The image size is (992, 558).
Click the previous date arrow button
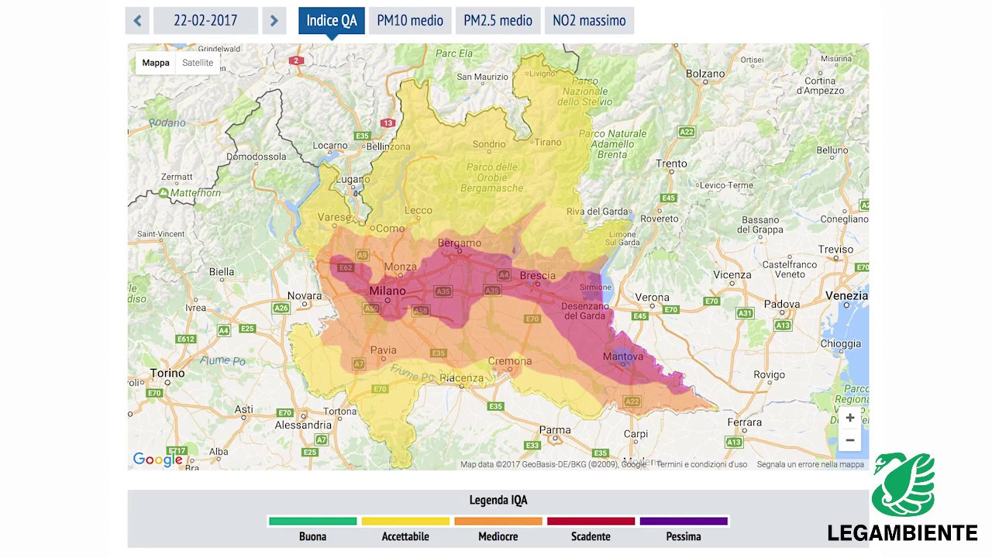pyautogui.click(x=137, y=21)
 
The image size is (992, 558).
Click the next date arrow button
pyautogui.click(x=274, y=21)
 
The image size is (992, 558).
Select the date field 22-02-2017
pyautogui.click(x=205, y=21)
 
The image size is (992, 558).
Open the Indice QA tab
pyautogui.click(x=332, y=21)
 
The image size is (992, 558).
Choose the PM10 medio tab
pyautogui.click(x=410, y=21)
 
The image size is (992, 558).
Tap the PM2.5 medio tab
pyautogui.click(x=498, y=21)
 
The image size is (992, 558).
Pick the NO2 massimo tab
pyautogui.click(x=589, y=21)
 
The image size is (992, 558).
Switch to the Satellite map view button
pyautogui.click(x=198, y=63)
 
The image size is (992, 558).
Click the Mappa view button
pyautogui.click(x=156, y=63)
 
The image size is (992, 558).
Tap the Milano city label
pyautogui.click(x=387, y=291)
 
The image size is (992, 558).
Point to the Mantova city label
pyautogui.click(x=623, y=356)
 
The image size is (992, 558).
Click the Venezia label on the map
pyautogui.click(x=846, y=295)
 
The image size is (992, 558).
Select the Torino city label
pyautogui.click(x=167, y=373)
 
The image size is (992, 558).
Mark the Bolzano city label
pyautogui.click(x=705, y=74)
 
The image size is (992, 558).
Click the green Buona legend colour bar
pyautogui.click(x=312, y=522)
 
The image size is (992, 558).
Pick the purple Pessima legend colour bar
pyautogui.click(x=684, y=522)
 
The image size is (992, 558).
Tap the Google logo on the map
pyautogui.click(x=157, y=460)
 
